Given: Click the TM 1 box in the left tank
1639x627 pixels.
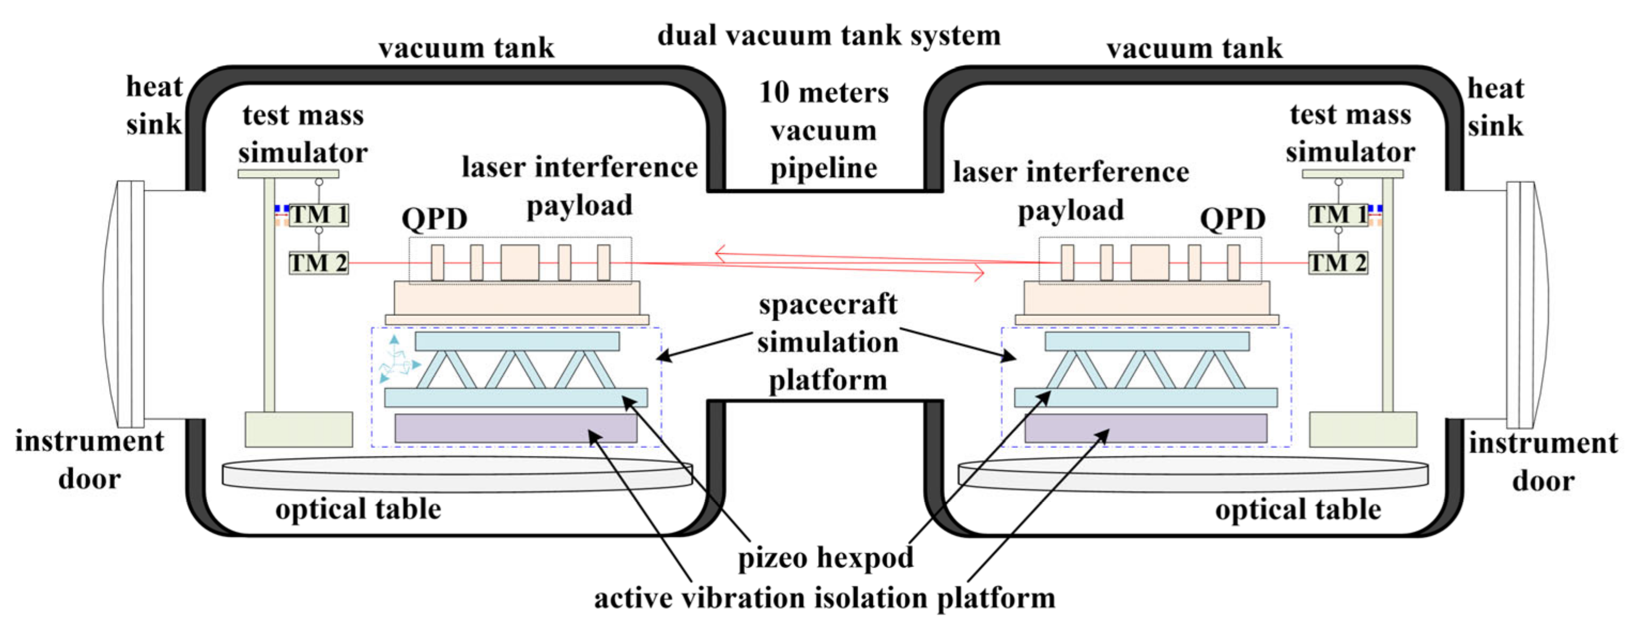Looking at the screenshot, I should [x=319, y=214].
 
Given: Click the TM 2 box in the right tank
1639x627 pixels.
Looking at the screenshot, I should [x=1337, y=262].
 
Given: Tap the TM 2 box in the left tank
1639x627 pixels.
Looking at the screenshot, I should [x=319, y=262].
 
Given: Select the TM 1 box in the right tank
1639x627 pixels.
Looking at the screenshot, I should [x=1337, y=214].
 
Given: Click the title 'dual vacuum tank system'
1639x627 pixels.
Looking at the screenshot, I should [x=828, y=36].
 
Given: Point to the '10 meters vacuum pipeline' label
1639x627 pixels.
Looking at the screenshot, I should [x=824, y=130].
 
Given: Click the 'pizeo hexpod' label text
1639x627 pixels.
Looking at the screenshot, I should [x=825, y=558].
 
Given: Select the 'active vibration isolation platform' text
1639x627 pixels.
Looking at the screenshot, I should [x=824, y=598].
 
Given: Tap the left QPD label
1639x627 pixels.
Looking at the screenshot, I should [x=434, y=219].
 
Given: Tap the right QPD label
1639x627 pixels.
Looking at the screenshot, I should [x=1232, y=219].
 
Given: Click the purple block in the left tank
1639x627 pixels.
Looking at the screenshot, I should [x=515, y=428].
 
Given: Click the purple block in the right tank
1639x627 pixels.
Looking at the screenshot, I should [x=1145, y=428].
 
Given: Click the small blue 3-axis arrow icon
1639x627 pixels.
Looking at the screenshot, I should [x=398, y=361].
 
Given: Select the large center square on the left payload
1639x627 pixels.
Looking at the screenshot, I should [x=520, y=262].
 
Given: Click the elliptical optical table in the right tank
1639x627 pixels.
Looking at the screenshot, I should [x=1193, y=474].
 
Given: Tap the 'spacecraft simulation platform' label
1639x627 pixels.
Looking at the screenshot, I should [x=827, y=342].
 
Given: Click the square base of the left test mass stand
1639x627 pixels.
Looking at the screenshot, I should [x=299, y=429].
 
